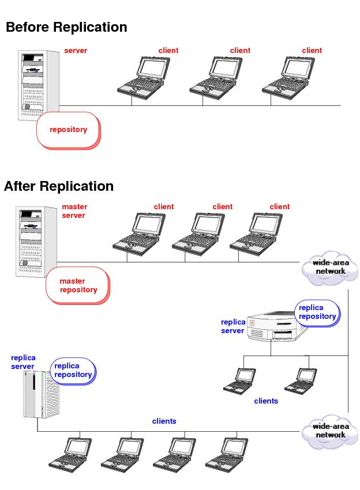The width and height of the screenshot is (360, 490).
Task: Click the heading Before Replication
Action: click(66, 27)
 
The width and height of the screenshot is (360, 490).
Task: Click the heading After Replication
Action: click(59, 186)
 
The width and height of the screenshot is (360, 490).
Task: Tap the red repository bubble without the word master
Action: click(68, 130)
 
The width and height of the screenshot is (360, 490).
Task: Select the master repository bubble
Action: click(78, 285)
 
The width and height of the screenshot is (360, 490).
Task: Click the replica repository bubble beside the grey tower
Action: click(73, 370)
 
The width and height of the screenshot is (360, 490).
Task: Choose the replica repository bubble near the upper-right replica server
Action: click(317, 312)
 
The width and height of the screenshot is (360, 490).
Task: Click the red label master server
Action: click(74, 211)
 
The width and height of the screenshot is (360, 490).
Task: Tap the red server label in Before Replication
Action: click(76, 51)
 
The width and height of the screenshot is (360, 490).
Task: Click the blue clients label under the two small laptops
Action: click(266, 401)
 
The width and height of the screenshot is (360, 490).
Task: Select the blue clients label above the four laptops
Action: click(164, 421)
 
